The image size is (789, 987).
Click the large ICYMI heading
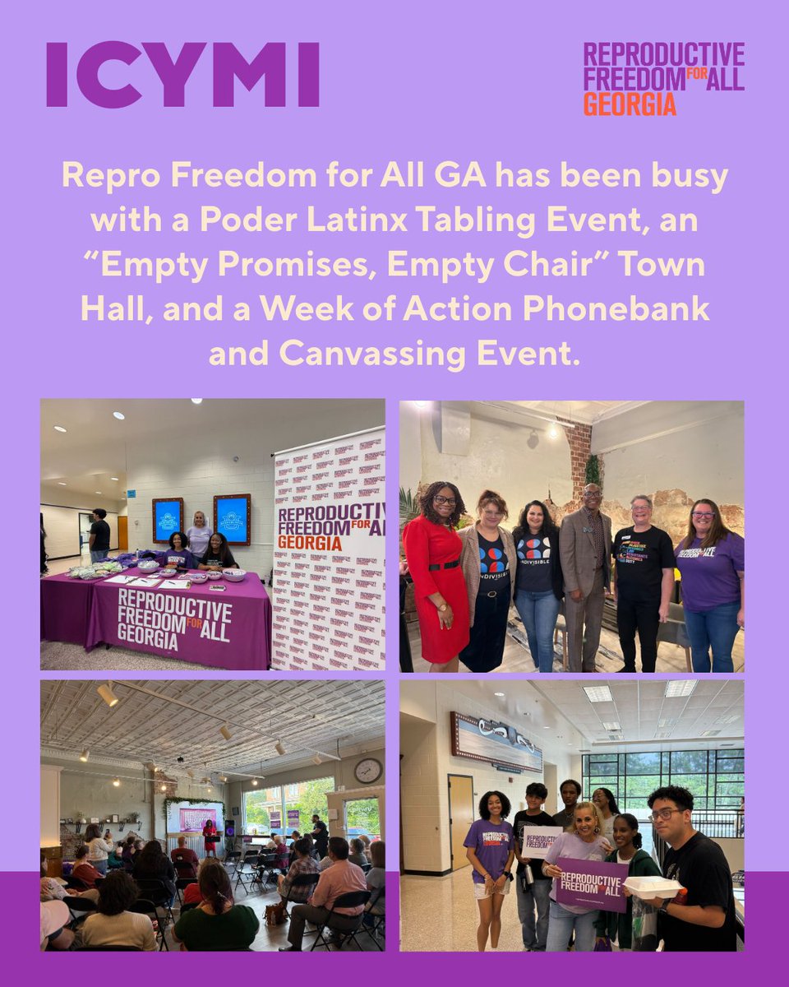pyautogui.click(x=182, y=75)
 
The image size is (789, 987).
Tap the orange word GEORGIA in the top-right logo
pyautogui.click(x=630, y=104)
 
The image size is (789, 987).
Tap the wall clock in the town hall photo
pyautogui.click(x=367, y=771)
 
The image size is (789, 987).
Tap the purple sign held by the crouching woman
pyautogui.click(x=591, y=885)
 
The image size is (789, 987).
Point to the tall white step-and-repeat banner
pyautogui.click(x=329, y=551)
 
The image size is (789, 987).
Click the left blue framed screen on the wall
pyautogui.click(x=168, y=520)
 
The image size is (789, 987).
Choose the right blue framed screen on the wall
pyautogui.click(x=231, y=519)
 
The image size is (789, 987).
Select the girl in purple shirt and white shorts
pyautogui.click(x=487, y=864)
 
